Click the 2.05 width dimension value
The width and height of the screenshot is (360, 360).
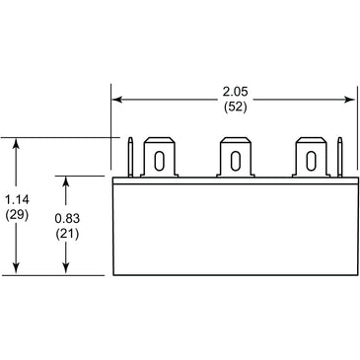click(x=235, y=92)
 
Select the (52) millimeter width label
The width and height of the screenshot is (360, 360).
click(x=235, y=108)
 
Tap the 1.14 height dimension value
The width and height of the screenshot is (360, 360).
click(x=17, y=199)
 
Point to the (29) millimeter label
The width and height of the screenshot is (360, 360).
click(x=17, y=215)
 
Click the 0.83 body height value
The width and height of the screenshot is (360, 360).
click(x=67, y=218)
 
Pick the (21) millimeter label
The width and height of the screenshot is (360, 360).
click(x=67, y=234)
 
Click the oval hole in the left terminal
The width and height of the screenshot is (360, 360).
click(x=159, y=161)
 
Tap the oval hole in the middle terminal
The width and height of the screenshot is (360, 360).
click(x=235, y=161)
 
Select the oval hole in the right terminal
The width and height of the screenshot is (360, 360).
click(x=311, y=161)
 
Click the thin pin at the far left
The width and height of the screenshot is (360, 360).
click(x=130, y=157)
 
